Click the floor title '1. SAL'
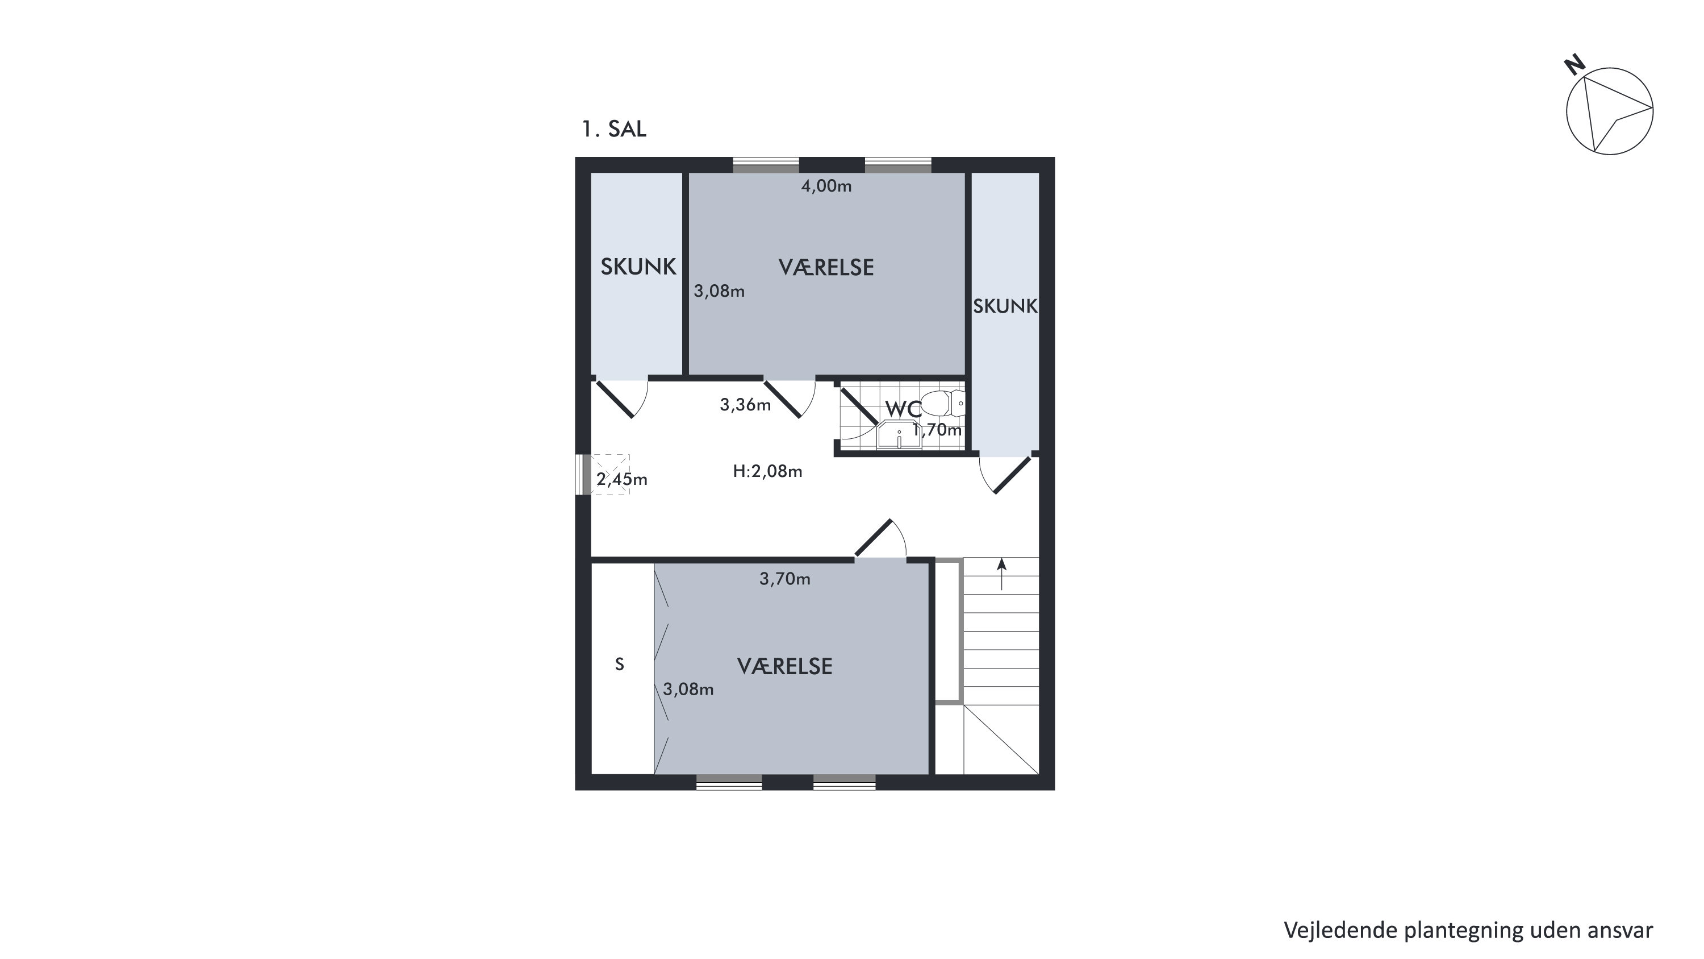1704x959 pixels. [613, 129]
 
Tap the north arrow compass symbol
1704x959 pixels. [1609, 110]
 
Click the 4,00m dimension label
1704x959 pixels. [826, 186]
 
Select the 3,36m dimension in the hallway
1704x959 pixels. [745, 404]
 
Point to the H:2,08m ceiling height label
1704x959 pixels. [767, 471]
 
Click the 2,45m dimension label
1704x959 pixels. [622, 479]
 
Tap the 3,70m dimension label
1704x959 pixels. [784, 579]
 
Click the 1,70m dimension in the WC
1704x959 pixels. [937, 430]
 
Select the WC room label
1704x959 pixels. [903, 409]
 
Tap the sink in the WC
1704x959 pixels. [899, 437]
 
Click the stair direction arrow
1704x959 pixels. [1001, 573]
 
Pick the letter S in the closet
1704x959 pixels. [619, 665]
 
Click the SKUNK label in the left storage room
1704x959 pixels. [638, 267]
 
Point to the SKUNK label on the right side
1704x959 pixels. [1005, 306]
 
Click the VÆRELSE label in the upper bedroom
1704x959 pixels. [826, 267]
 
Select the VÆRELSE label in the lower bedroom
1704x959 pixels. [784, 666]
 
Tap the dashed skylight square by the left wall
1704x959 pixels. [610, 474]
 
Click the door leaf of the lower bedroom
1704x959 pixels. [874, 537]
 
